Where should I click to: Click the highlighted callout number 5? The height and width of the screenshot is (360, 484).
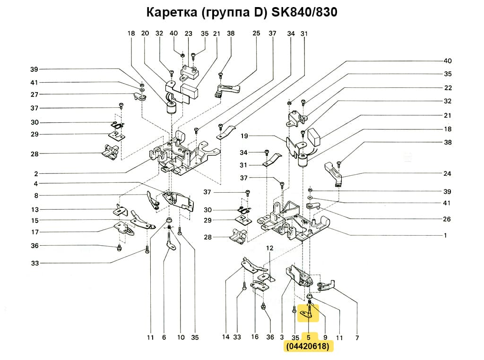(309, 337)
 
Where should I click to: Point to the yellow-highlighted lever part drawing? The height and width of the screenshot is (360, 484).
(308, 312)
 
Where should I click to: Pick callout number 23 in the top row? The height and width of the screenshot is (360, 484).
(189, 34)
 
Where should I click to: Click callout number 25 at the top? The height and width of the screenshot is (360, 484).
(256, 34)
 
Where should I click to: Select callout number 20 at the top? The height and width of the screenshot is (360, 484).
(145, 34)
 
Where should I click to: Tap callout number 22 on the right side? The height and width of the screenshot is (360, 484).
(448, 88)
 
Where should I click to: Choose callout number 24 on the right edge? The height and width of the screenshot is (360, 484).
(448, 173)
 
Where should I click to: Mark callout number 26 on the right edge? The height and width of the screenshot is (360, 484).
(448, 219)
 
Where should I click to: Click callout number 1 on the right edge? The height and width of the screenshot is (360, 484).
(445, 235)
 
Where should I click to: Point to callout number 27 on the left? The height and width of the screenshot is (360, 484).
(35, 94)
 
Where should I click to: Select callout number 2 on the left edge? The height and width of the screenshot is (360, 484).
(36, 173)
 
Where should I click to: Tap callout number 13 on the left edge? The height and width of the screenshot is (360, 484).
(35, 210)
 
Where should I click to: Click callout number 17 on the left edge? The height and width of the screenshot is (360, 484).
(35, 232)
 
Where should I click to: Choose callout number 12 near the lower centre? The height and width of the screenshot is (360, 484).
(269, 248)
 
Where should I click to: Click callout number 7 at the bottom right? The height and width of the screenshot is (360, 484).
(357, 338)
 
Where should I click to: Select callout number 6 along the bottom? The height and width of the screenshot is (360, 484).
(164, 337)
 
